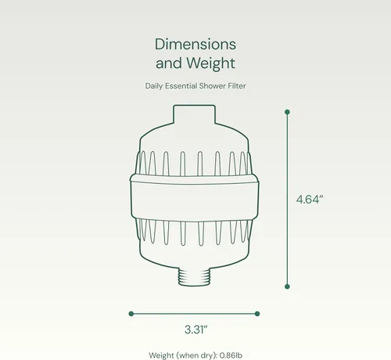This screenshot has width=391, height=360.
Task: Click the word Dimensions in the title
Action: tap(195, 44)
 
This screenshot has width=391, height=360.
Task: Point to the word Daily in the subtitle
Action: tap(154, 86)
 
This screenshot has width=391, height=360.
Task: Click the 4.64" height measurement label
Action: tap(310, 200)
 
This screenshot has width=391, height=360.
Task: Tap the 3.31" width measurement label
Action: tap(196, 329)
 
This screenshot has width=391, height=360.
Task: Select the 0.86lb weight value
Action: tap(231, 355)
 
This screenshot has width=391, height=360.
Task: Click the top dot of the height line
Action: tap(287, 112)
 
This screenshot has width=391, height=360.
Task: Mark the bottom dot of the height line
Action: tap(287, 286)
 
